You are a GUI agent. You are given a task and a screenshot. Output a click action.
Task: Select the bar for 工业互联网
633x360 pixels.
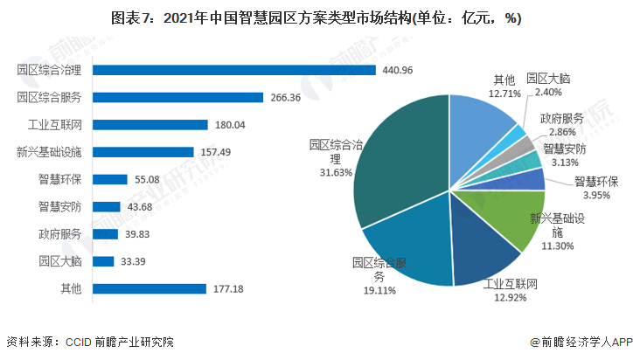point(150,125)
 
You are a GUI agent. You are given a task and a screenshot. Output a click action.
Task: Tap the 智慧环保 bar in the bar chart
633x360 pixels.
point(110,179)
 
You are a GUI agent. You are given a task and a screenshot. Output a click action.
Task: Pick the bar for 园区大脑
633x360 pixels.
point(103,260)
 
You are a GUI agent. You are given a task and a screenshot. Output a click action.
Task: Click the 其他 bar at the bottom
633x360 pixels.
point(149,288)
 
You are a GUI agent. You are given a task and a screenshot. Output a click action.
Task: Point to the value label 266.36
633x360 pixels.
point(286,97)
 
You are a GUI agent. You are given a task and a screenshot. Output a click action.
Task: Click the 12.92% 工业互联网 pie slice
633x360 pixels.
point(481,253)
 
